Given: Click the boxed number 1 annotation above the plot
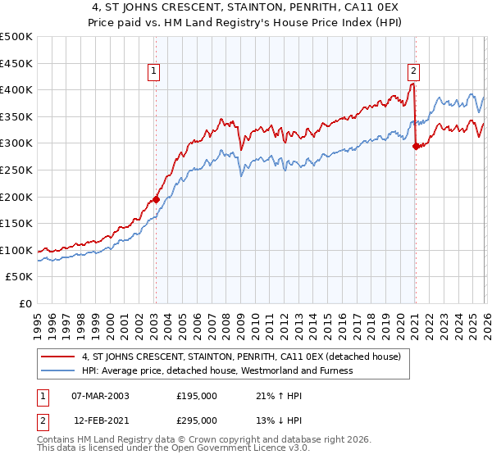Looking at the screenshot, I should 155,72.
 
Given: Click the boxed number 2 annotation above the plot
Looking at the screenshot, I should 414,72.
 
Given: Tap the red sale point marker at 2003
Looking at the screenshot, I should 156,199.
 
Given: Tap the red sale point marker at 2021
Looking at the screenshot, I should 416,146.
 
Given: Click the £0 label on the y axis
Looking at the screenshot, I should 25,304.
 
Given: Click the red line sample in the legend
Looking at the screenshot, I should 58,357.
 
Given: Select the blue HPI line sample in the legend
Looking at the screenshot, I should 58,370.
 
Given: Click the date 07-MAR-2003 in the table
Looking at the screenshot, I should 100,396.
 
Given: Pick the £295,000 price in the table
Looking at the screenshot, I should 197,420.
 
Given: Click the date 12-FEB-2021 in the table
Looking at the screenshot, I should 100,420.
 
